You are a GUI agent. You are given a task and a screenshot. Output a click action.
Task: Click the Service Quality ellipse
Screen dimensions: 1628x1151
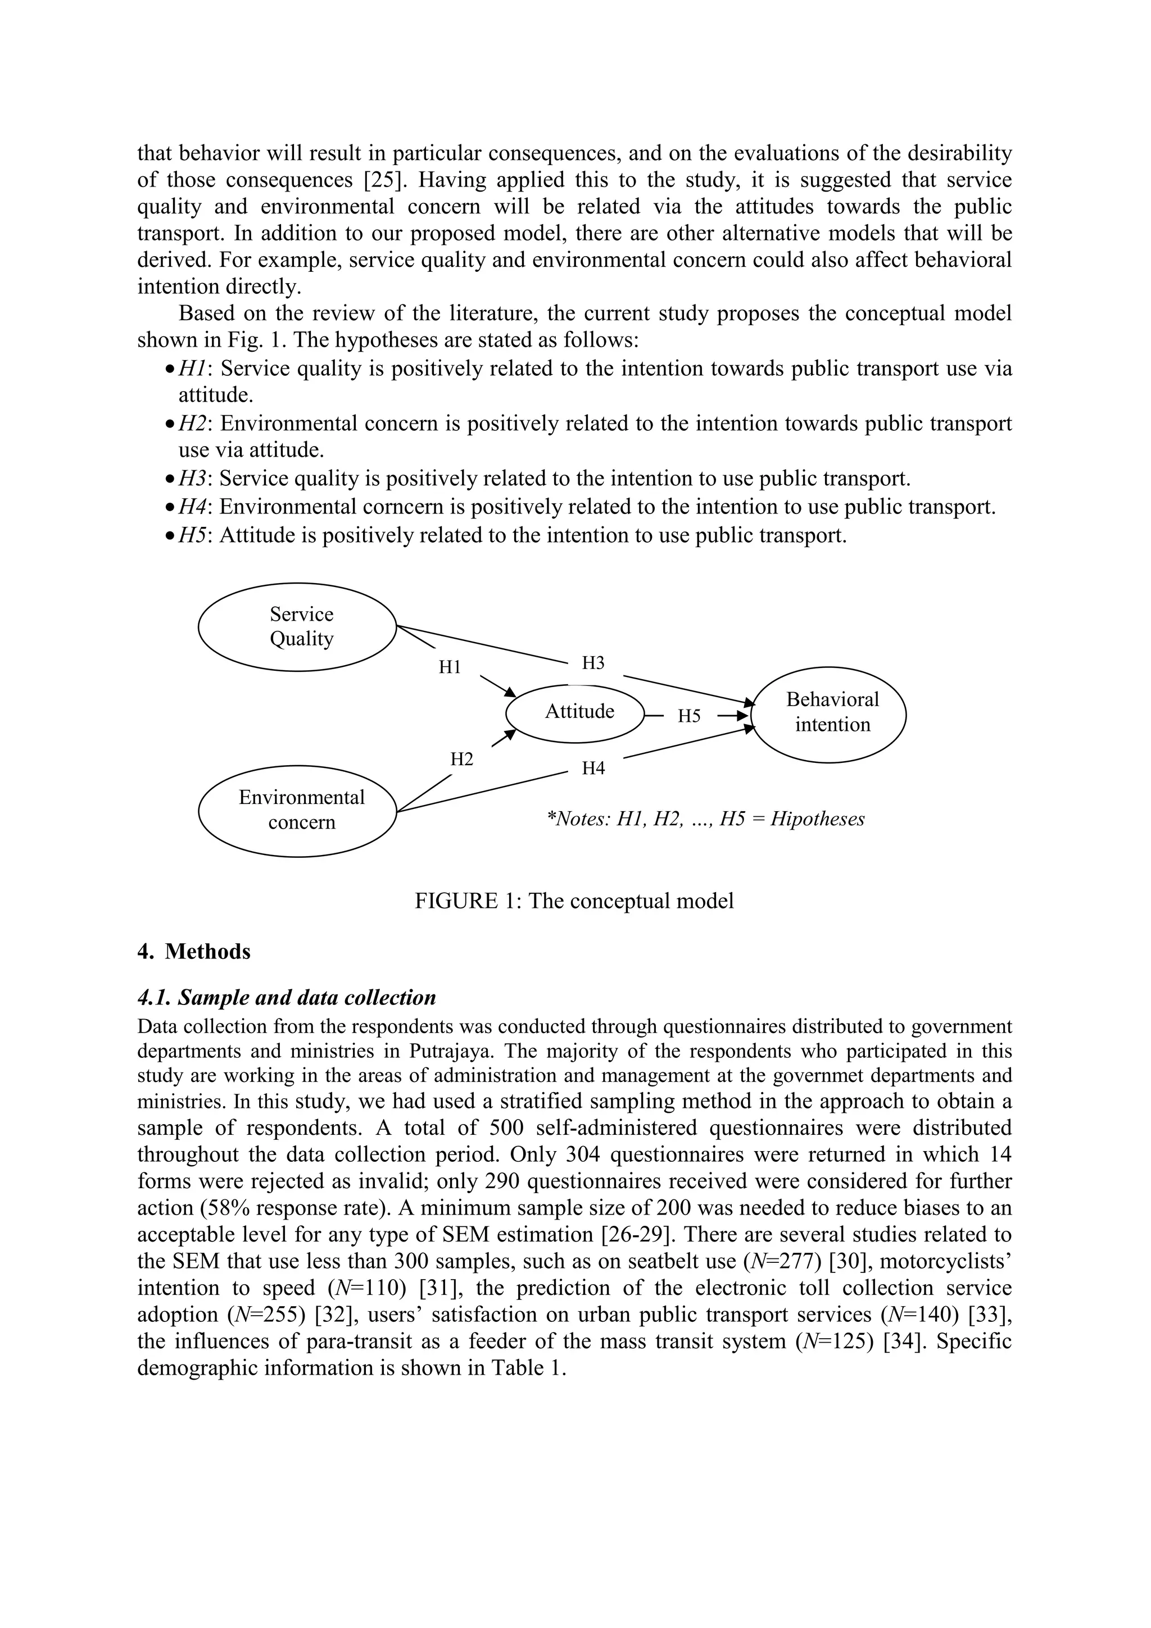click(297, 627)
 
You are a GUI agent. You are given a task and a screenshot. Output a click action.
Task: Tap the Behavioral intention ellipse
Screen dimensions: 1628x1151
click(828, 714)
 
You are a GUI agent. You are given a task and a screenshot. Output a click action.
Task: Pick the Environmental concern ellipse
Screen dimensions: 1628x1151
click(297, 811)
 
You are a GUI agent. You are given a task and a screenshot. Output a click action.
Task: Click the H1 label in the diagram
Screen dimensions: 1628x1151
click(450, 667)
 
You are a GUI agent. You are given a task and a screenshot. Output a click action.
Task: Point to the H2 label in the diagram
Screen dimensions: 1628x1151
click(461, 760)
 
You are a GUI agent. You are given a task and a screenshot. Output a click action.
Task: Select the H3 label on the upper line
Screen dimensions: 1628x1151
click(593, 663)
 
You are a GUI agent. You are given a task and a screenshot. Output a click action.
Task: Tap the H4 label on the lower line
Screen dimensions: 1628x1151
click(593, 768)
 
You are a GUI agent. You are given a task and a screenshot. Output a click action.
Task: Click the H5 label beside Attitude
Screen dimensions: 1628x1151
click(688, 716)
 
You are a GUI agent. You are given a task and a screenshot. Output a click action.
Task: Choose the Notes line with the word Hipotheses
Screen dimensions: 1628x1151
click(706, 820)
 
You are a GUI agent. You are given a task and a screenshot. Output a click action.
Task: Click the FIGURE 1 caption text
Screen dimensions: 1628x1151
click(574, 901)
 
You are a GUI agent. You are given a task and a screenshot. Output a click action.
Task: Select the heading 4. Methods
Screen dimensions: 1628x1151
click(194, 952)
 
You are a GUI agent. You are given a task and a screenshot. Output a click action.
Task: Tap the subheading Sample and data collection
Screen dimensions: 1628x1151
click(287, 998)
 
